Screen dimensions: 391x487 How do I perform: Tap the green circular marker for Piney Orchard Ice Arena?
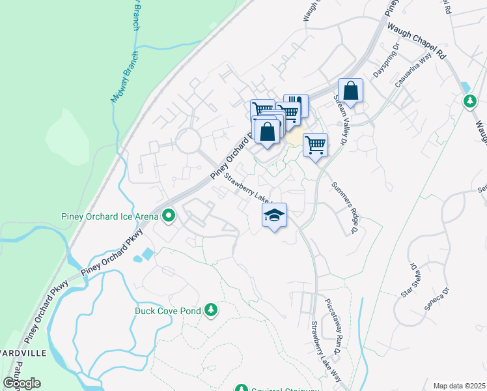click(x=169, y=215)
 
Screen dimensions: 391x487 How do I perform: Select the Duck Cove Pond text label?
click(x=167, y=311)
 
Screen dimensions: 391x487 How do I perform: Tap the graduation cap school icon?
click(x=275, y=215)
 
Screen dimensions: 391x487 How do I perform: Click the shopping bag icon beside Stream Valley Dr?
click(x=350, y=92)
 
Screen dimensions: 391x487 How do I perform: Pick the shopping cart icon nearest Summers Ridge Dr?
click(x=315, y=144)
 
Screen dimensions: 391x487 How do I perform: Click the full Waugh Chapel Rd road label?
click(x=417, y=40)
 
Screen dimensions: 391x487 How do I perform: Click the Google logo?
click(x=21, y=383)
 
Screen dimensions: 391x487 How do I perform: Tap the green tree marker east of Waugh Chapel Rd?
click(x=469, y=101)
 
